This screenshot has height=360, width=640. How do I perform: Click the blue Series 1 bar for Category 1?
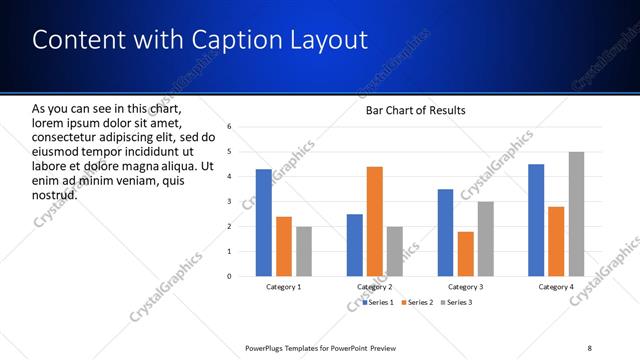point(263,222)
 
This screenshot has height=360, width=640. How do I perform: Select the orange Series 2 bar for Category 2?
point(375,221)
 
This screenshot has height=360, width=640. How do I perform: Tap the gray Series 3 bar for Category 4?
point(577,214)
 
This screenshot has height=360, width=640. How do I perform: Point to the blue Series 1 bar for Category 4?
point(536,220)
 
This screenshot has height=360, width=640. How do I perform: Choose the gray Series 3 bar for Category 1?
point(304,251)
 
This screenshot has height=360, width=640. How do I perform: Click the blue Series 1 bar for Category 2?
point(355,245)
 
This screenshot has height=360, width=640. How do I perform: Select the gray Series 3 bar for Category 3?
point(486,238)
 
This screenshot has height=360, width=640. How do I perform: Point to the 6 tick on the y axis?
point(229,127)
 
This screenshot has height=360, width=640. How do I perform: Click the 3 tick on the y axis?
point(229,202)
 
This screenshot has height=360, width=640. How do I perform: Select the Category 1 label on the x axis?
point(284,287)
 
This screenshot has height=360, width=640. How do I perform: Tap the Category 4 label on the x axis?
point(557,287)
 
